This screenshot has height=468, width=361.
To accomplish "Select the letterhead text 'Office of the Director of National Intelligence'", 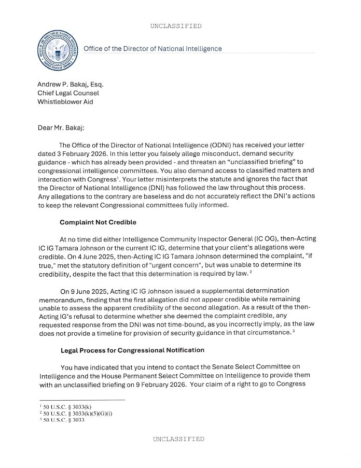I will tap(152, 49).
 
